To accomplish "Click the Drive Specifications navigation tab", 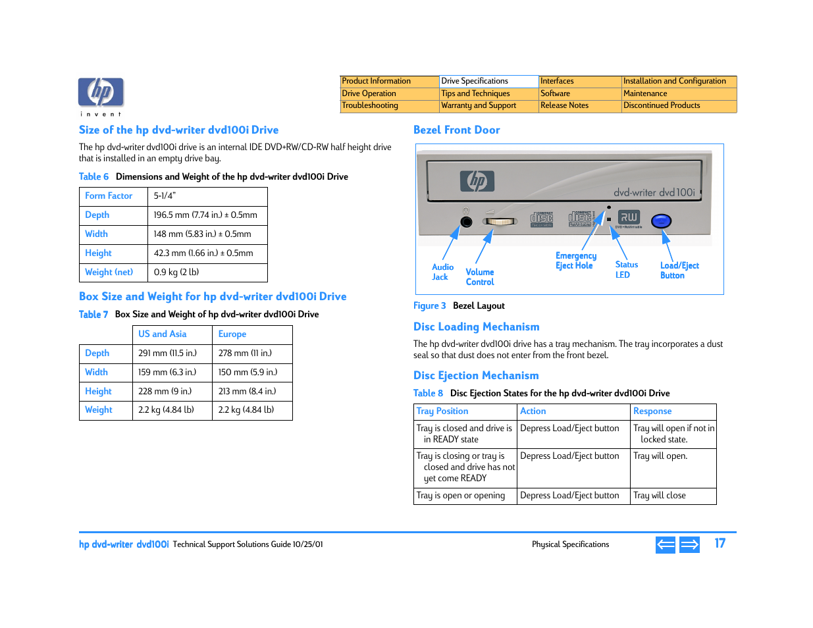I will (x=475, y=81).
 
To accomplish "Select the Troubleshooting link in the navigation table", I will (x=370, y=105).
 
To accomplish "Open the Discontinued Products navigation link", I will (x=662, y=105).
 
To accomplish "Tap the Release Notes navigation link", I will (x=564, y=105).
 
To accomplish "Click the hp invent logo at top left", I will (x=101, y=94).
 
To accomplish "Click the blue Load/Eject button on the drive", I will (x=661, y=221).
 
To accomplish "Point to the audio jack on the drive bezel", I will (x=466, y=222).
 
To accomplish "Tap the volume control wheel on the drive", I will (x=499, y=222).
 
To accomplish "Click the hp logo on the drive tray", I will (x=477, y=180).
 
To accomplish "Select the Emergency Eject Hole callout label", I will (x=575, y=261).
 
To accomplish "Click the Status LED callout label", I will (x=626, y=270).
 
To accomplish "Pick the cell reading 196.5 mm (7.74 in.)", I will (x=205, y=215).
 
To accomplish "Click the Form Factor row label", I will (x=109, y=196).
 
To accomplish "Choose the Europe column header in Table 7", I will (x=232, y=334).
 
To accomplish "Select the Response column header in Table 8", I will (x=652, y=411).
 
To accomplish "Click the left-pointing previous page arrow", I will (x=666, y=544).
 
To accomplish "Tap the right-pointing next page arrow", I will (x=689, y=544).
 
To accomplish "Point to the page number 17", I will (x=720, y=544).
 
